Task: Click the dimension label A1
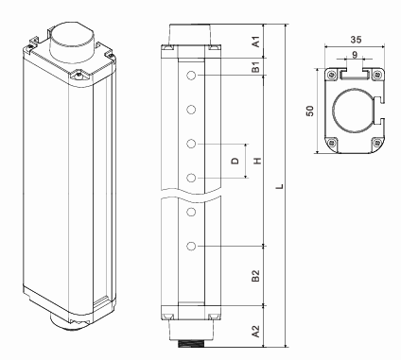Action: [x=257, y=42]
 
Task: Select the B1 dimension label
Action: [x=256, y=67]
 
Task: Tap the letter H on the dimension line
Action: [x=258, y=161]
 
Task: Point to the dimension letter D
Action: [x=235, y=161]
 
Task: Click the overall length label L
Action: [x=280, y=186]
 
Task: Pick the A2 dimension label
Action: [x=256, y=332]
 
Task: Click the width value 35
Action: [x=356, y=40]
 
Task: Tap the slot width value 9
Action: [x=355, y=55]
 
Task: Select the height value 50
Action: [x=310, y=111]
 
